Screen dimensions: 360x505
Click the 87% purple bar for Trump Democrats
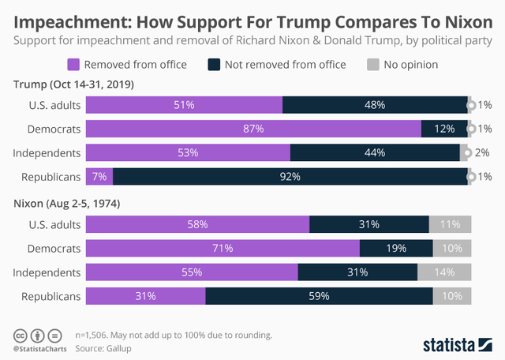coord(253,129)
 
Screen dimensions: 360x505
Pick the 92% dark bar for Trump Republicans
coord(290,176)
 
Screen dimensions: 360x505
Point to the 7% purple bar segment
coord(99,176)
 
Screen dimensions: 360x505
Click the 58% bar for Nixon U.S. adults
coord(197,224)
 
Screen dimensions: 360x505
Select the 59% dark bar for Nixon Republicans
coord(319,296)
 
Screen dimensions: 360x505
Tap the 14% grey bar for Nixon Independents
coord(444,272)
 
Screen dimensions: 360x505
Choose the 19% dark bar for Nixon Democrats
coord(396,249)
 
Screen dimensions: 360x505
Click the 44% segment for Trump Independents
coord(375,152)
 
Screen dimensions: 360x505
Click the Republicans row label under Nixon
coord(51,296)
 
